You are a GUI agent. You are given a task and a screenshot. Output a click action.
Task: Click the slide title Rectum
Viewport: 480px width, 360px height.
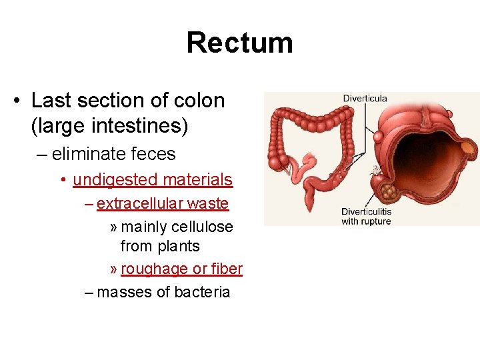(x=239, y=43)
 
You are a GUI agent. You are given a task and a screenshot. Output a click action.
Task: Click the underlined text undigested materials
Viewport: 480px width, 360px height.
(x=153, y=179)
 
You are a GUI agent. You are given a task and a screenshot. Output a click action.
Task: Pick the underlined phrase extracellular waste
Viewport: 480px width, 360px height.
(x=163, y=203)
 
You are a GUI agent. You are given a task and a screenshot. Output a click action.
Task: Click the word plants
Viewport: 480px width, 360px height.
(x=179, y=246)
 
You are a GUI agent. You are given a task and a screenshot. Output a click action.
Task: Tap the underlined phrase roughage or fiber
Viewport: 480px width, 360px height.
(x=182, y=269)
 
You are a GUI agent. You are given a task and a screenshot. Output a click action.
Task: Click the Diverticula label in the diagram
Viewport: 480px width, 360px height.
(x=365, y=99)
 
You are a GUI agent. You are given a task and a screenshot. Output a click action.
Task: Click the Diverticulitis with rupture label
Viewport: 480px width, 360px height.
(x=366, y=216)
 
